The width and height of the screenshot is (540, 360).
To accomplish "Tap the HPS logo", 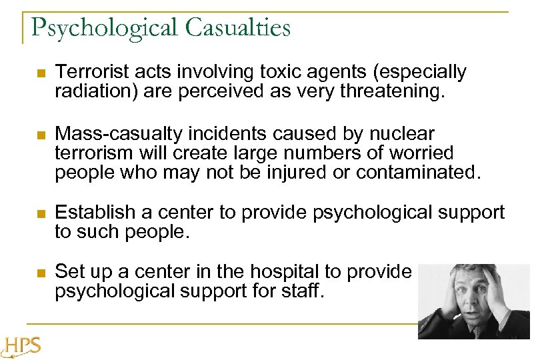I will point(21,346).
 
